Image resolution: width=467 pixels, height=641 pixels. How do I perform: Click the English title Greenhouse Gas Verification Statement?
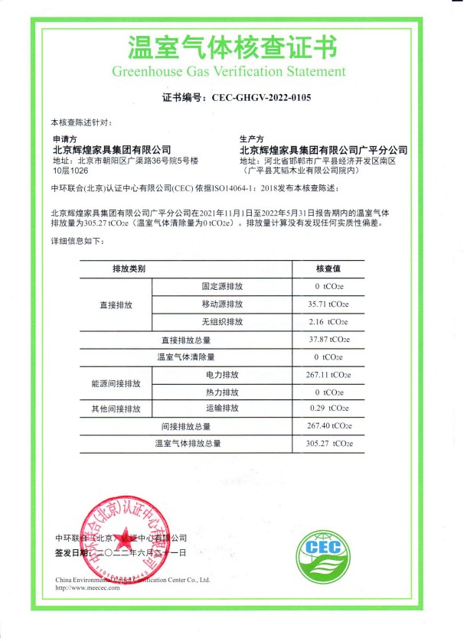click(229, 72)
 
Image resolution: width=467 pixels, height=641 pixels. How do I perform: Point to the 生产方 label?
click(252, 139)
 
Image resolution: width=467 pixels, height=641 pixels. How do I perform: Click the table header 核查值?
click(328, 269)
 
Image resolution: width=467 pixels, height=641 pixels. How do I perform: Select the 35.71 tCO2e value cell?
click(328, 304)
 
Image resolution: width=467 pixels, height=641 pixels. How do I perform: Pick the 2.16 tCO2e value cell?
click(328, 322)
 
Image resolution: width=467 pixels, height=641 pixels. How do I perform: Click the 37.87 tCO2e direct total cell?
click(328, 340)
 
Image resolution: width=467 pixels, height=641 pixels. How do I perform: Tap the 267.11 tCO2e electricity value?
click(328, 375)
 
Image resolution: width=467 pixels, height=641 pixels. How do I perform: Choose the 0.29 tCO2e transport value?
click(328, 408)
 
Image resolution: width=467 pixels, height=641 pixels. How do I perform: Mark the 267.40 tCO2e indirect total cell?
click(328, 426)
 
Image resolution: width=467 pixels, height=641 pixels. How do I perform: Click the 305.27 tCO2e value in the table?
click(328, 444)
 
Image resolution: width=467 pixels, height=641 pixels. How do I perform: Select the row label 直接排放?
click(116, 304)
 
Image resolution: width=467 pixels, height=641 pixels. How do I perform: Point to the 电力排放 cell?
click(222, 375)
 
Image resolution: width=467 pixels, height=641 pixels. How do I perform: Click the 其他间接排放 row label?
click(116, 408)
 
